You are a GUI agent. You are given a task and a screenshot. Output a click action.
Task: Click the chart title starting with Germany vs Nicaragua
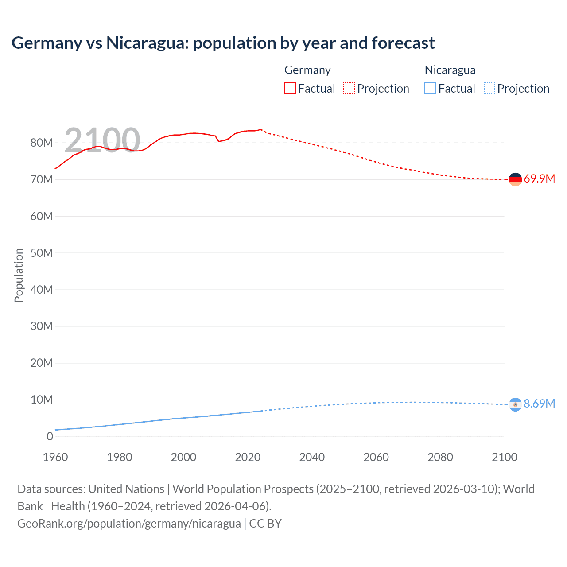click(223, 43)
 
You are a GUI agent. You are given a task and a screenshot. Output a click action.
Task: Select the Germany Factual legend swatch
click(290, 88)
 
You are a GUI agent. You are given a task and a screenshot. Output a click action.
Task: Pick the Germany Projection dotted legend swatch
click(349, 88)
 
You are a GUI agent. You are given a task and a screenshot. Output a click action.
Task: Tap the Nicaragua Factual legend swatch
click(430, 88)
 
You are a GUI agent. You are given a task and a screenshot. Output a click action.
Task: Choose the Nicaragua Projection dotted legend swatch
click(489, 88)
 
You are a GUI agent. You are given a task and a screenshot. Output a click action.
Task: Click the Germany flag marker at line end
click(515, 179)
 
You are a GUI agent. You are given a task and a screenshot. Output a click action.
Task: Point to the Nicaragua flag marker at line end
click(515, 404)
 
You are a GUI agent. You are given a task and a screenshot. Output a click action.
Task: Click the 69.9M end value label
click(539, 179)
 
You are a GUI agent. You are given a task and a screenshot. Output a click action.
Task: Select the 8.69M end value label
click(539, 404)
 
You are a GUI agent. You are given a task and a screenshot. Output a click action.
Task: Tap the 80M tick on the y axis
click(42, 143)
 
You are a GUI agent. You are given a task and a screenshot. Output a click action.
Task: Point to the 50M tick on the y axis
click(42, 253)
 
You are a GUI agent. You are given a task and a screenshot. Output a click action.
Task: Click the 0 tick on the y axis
click(50, 436)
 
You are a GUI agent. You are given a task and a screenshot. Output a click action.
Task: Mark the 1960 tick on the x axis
click(55, 457)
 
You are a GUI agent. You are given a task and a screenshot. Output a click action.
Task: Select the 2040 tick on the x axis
click(312, 457)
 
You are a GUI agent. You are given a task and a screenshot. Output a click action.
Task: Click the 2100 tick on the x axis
click(504, 457)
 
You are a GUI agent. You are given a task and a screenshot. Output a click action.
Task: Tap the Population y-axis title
click(19, 275)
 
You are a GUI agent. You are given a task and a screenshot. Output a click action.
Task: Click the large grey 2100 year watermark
click(102, 140)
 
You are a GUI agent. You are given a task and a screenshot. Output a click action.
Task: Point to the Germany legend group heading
click(307, 70)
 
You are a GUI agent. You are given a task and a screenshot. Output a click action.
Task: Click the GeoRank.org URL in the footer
click(129, 524)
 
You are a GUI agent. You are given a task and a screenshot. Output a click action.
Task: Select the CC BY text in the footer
click(265, 524)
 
